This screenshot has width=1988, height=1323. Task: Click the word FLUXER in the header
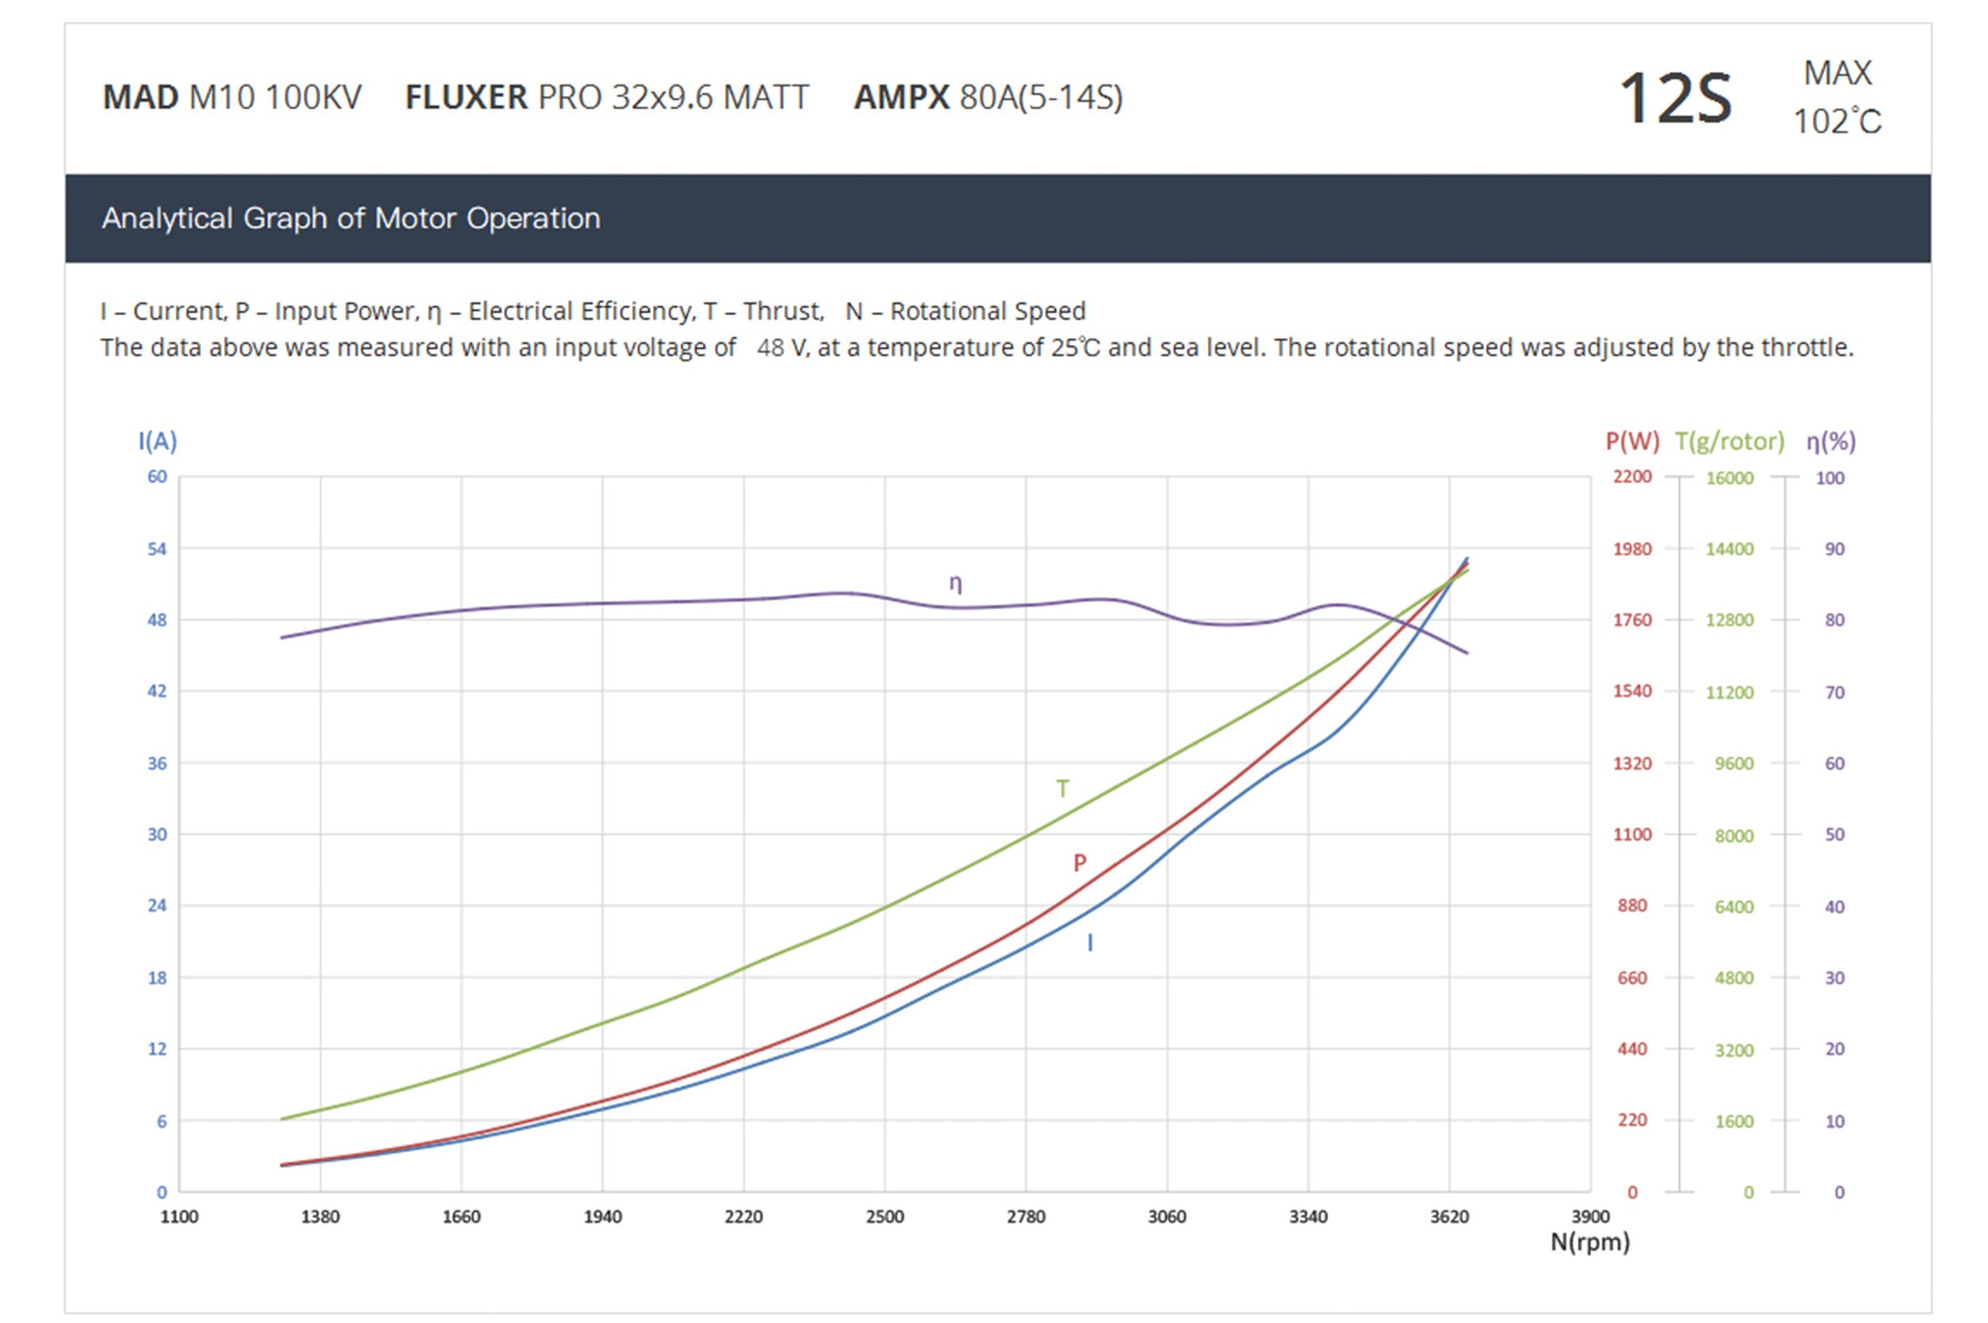(467, 98)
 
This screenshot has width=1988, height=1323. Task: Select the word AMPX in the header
(901, 98)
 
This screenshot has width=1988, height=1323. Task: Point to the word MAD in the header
(140, 98)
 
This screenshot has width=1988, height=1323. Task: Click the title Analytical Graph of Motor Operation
(351, 219)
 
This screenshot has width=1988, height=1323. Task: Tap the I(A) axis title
(157, 441)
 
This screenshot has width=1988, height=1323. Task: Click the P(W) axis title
(1631, 442)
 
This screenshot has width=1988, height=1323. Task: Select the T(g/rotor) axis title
(1729, 442)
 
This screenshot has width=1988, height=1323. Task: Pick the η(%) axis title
(1831, 442)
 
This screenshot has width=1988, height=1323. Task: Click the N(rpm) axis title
(1590, 1242)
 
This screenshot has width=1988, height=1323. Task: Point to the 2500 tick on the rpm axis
(885, 1216)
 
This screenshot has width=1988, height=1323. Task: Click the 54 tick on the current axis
(157, 549)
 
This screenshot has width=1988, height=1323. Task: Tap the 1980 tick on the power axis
(1632, 549)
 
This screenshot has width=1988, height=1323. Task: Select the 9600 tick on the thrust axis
(1734, 764)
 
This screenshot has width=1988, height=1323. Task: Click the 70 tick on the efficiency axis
(1835, 693)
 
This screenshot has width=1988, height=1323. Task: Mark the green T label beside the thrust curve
(1062, 789)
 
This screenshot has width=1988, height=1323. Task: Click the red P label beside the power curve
(1080, 863)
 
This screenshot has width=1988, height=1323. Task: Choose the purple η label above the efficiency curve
(956, 583)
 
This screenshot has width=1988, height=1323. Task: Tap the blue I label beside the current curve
(1089, 944)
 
